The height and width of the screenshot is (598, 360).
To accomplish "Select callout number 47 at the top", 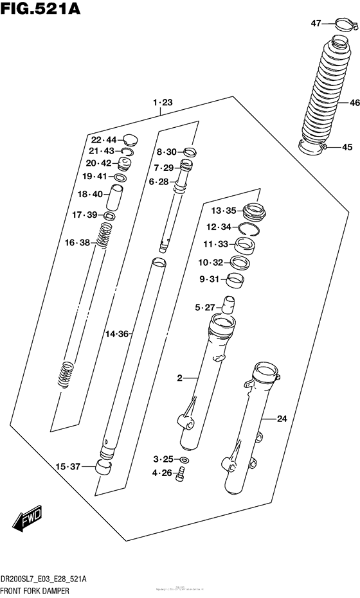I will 316,24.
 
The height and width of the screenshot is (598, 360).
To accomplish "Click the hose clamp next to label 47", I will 345,26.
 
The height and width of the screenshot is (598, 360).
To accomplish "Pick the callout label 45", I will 347,147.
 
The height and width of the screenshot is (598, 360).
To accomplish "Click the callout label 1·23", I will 163,102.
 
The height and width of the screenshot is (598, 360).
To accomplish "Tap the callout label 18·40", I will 90,194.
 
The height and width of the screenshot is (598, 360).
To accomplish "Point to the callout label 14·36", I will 118,334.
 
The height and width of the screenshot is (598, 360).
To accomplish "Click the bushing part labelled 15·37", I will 103,467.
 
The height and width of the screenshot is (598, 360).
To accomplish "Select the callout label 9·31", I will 210,278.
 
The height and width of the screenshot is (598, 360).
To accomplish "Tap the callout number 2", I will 181,379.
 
